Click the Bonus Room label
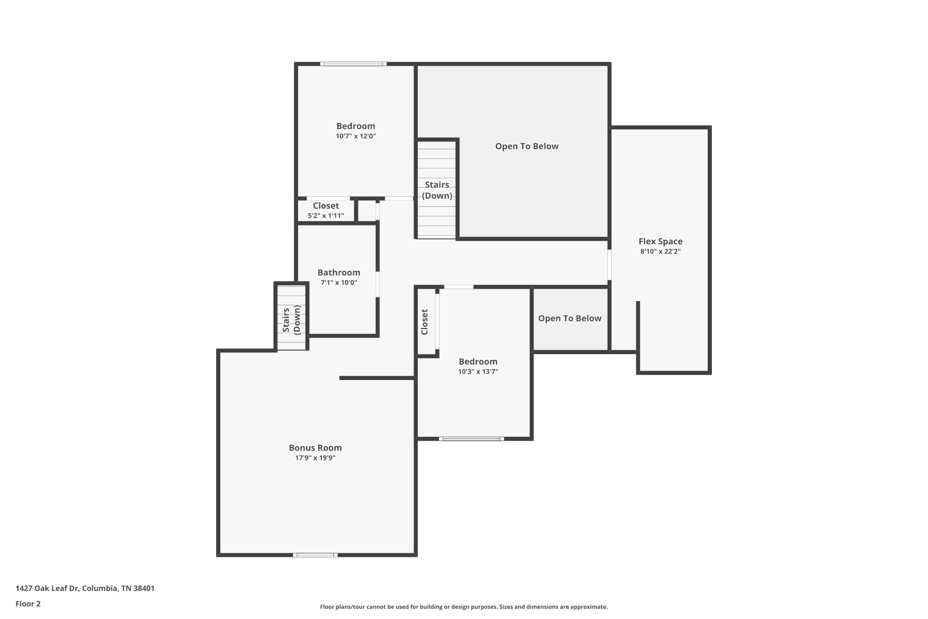(315, 448)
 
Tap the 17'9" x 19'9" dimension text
(315, 458)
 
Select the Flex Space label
(660, 241)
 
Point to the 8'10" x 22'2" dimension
(660, 252)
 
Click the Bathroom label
(338, 273)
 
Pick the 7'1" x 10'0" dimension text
(338, 283)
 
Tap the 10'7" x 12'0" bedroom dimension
(356, 136)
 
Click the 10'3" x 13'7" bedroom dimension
(478, 371)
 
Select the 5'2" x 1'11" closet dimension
(326, 216)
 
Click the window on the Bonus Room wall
(315, 555)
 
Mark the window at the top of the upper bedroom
(353, 64)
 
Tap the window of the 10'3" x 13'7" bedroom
(471, 439)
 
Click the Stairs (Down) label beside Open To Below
(437, 190)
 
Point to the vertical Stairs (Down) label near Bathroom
(291, 320)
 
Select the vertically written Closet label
(425, 322)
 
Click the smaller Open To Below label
(570, 318)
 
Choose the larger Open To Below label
(527, 146)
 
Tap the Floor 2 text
(28, 604)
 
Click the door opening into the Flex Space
(609, 264)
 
